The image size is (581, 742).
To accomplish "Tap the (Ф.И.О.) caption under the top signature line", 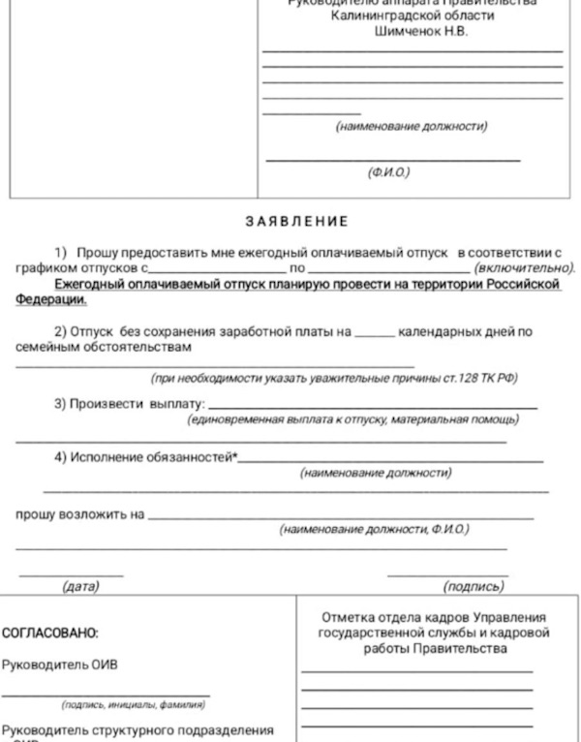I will tap(388, 172).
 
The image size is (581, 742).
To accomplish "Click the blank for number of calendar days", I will tap(374, 332).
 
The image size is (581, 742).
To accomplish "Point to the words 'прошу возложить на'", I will tap(80, 514).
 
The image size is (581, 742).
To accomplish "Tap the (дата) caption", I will tap(80, 586).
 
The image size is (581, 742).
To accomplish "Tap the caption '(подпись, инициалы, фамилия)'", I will tap(133, 704).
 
